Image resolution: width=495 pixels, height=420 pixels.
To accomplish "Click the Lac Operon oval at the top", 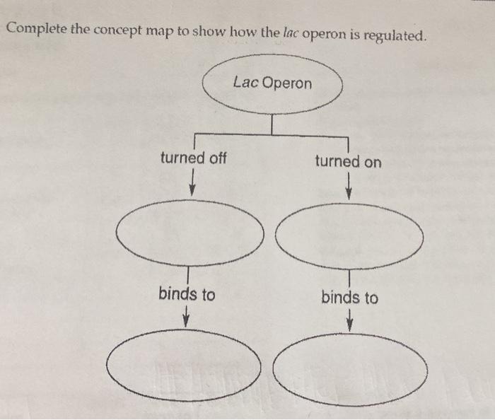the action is click(272, 83).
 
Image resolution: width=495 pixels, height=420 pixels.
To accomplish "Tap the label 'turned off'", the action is click(193, 158).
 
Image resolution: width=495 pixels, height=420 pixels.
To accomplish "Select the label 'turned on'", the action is click(348, 161).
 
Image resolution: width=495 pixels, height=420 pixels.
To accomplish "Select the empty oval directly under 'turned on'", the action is click(349, 236).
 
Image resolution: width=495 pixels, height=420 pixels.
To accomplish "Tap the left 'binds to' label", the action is click(187, 293).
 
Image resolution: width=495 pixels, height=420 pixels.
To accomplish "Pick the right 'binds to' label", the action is click(349, 297).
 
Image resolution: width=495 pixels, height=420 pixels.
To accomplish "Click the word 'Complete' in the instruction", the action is click(35, 30).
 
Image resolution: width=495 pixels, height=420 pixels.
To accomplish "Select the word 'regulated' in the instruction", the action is click(393, 35).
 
